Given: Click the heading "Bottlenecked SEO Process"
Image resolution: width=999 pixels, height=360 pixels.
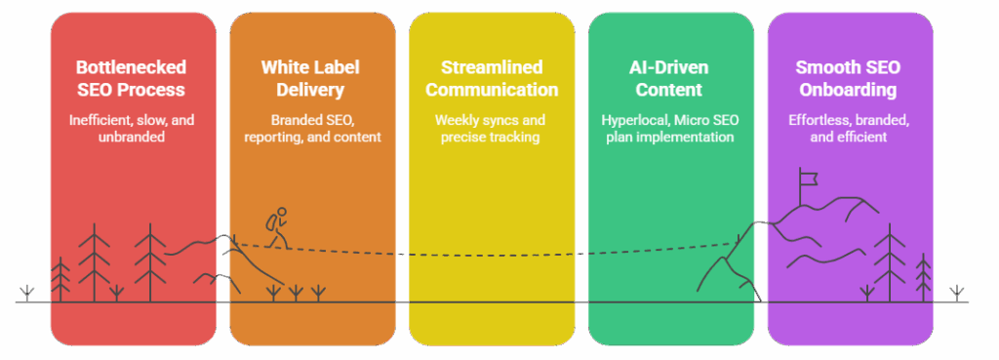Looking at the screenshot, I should pos(133,78).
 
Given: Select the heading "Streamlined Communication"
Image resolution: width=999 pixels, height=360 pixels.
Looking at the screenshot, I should pos(491,78).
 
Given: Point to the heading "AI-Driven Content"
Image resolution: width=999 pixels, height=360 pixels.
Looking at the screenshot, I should pos(670,78).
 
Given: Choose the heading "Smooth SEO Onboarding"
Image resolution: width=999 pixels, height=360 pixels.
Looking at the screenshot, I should pos(849,78).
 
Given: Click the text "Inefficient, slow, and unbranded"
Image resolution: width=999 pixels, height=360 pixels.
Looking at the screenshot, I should pos(133,128).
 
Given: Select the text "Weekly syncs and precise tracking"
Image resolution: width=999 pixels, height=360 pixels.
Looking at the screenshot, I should pos(491,128).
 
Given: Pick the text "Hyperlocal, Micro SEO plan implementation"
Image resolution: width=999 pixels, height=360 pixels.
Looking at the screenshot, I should pos(670,128).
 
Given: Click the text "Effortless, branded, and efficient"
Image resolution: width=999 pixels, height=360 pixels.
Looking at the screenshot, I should pos(849,128).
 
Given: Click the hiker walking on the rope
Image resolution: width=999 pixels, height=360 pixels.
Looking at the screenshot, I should pos(277,226).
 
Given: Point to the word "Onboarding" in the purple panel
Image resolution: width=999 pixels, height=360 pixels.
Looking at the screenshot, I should pos(849,90).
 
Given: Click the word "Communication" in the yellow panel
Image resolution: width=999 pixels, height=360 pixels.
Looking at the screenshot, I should pos(491,90).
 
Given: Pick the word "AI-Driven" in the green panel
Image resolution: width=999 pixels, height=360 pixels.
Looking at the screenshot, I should pos(670,67).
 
